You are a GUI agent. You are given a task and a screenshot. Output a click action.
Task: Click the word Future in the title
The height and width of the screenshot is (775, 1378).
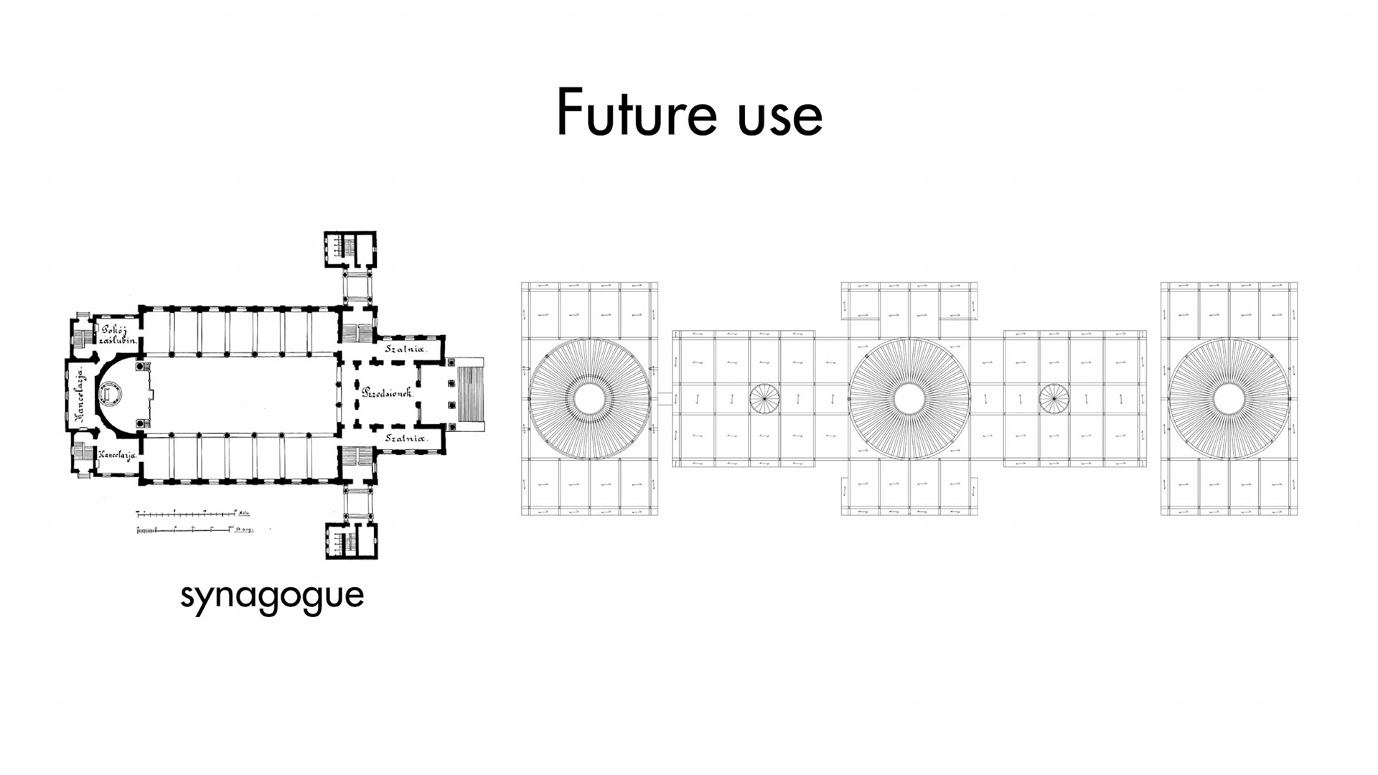pos(636,113)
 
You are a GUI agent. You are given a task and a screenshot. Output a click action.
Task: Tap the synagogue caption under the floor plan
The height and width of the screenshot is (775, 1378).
pos(272,596)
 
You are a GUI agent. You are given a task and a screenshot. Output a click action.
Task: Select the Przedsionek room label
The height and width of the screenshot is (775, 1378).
pos(387,393)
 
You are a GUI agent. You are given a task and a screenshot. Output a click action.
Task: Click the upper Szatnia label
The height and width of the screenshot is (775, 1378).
pos(406,349)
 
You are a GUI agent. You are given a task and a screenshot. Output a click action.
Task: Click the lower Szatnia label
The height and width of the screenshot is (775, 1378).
pos(406,438)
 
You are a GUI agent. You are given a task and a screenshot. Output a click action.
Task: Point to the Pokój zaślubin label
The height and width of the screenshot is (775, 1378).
pos(117,334)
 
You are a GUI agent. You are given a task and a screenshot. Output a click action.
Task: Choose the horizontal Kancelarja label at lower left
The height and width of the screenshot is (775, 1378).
pos(117,455)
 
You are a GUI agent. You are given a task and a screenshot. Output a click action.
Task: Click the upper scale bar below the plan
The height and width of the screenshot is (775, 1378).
pos(187,514)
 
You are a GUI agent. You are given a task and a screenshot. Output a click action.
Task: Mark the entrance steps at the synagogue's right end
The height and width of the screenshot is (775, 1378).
pos(470,394)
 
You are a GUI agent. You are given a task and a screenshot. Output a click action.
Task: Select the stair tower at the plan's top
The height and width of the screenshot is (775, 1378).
pos(350,249)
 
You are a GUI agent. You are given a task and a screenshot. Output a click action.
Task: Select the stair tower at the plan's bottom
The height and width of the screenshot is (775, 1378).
pos(351,541)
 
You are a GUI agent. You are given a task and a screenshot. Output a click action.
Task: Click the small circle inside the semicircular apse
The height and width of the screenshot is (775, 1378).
pos(111,393)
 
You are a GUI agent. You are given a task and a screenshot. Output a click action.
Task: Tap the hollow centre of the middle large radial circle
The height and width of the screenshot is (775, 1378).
pos(909,399)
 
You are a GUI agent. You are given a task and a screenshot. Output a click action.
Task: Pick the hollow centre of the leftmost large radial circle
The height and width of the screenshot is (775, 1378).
pos(589,399)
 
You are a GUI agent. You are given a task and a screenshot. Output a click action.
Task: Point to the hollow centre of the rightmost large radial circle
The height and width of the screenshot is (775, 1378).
pos(1229,399)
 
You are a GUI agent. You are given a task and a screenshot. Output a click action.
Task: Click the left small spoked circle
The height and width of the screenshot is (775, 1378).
pos(764,398)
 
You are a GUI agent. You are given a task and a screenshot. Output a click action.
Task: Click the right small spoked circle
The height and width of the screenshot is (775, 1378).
pos(1054,398)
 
